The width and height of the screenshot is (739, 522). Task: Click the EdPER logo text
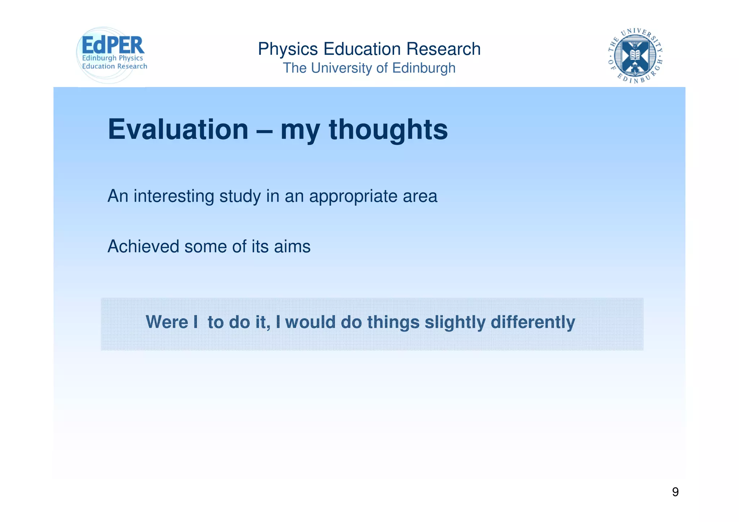tap(113, 45)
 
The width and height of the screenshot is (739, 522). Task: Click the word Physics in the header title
tap(288, 49)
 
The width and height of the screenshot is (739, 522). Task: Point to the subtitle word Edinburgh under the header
tap(424, 68)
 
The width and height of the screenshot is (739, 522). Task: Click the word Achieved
tap(143, 247)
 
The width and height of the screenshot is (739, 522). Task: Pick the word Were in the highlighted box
tap(167, 322)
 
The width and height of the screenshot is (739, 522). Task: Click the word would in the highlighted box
tap(310, 322)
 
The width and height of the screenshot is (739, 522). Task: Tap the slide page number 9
tap(675, 492)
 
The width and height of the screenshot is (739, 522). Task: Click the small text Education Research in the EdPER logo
tap(115, 66)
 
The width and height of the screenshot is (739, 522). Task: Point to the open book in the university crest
tap(635, 55)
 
